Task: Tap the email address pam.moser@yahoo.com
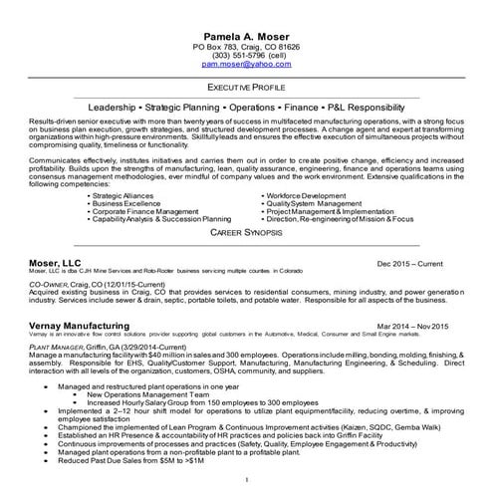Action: click(245, 63)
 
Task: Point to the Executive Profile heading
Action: click(246, 88)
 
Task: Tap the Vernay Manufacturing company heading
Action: click(80, 326)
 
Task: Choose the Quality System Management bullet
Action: click(316, 204)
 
